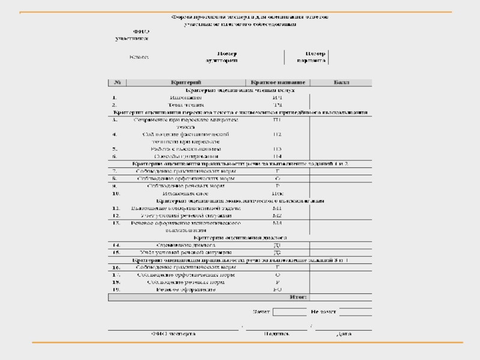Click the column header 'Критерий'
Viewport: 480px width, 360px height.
(x=185, y=82)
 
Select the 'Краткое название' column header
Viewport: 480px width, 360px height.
(x=277, y=82)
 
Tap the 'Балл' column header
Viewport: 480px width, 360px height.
(x=341, y=82)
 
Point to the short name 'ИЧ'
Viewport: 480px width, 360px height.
(x=277, y=97)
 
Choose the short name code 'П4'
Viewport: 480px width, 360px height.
(x=277, y=156)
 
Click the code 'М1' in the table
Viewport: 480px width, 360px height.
(x=277, y=208)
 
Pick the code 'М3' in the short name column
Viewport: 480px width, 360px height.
(x=277, y=223)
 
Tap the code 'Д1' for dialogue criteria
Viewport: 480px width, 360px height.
(x=277, y=245)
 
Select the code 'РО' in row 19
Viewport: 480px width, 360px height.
(x=277, y=289)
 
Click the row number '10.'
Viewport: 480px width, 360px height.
(x=116, y=194)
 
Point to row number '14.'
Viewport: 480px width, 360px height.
(x=116, y=245)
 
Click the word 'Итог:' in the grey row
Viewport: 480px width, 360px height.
(x=298, y=296)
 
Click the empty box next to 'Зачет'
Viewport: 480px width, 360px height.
(x=289, y=312)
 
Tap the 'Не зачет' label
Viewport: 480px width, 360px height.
(x=323, y=312)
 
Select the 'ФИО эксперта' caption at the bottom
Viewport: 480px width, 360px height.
(x=173, y=333)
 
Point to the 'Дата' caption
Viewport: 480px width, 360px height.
(x=344, y=333)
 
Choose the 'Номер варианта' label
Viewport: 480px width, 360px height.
(x=311, y=56)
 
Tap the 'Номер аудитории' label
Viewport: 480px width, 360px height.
(x=222, y=56)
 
